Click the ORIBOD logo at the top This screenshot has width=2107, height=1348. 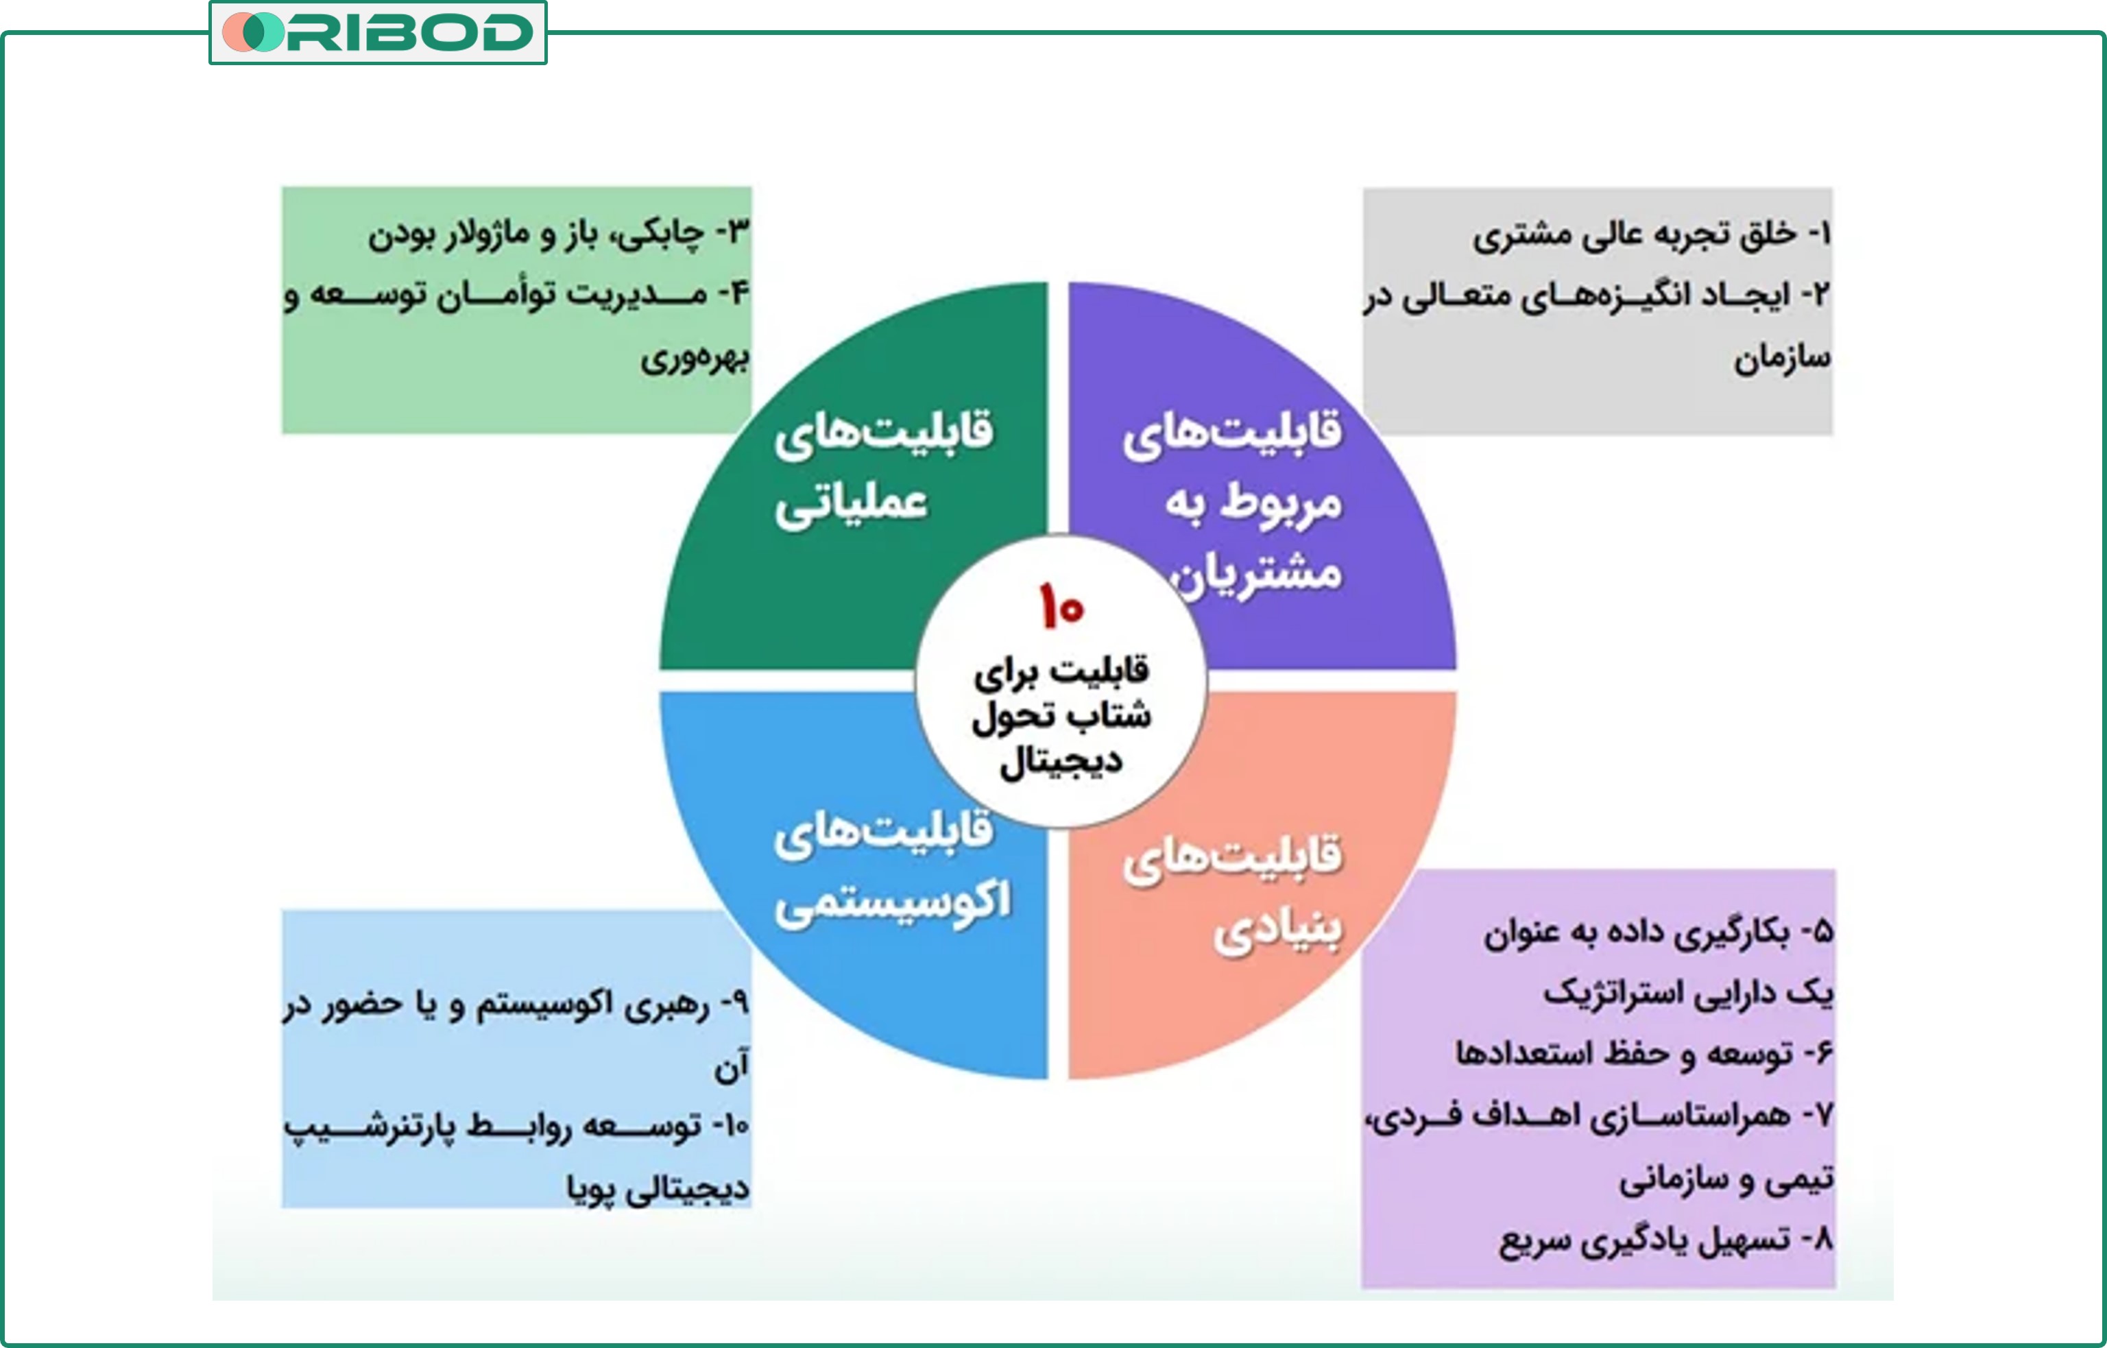[378, 32]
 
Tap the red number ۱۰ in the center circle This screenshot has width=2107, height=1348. [1061, 605]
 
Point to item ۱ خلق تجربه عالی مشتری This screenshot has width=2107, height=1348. [1650, 234]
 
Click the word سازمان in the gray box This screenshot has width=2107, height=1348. [1782, 357]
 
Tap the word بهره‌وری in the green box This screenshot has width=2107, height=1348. [695, 357]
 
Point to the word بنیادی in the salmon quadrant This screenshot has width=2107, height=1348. [1277, 931]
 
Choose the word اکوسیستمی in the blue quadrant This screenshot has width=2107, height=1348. [892, 902]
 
